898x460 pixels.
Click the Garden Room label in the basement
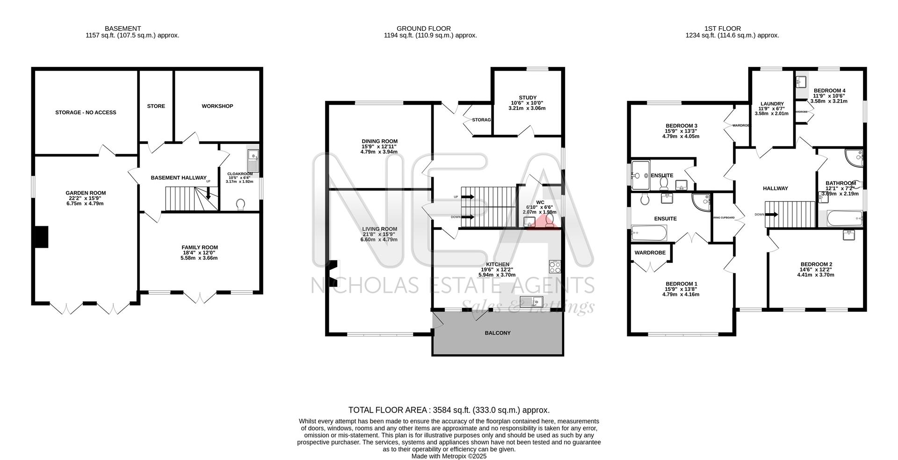[86, 193]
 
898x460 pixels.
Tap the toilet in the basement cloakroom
[241, 204]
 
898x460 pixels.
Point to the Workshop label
[217, 106]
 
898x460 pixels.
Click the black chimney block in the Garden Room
[42, 237]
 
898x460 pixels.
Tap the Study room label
[528, 98]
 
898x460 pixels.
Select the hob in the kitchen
[555, 267]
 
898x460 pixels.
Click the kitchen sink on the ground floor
[531, 302]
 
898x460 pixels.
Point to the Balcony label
[498, 333]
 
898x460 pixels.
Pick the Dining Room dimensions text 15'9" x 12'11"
[379, 146]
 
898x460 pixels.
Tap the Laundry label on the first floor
[772, 104]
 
